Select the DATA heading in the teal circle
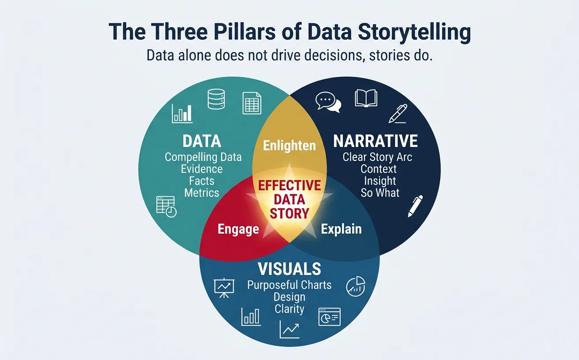pyautogui.click(x=202, y=141)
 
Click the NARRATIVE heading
pyautogui.click(x=376, y=141)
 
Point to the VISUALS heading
pyautogui.click(x=289, y=269)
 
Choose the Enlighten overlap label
pyautogui.click(x=289, y=146)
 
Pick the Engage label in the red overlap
pyautogui.click(x=238, y=229)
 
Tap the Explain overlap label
pyautogui.click(x=341, y=229)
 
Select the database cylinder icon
pyautogui.click(x=216, y=99)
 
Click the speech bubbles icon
pyautogui.click(x=328, y=102)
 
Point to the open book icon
pyautogui.click(x=366, y=98)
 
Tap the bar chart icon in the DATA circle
pyautogui.click(x=182, y=113)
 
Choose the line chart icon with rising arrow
pyautogui.click(x=289, y=329)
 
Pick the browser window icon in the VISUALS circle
pyautogui.click(x=330, y=317)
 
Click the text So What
pyautogui.click(x=380, y=193)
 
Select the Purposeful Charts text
pyautogui.click(x=289, y=285)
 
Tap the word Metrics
pyautogui.click(x=202, y=193)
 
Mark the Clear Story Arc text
pyautogui.click(x=377, y=157)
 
